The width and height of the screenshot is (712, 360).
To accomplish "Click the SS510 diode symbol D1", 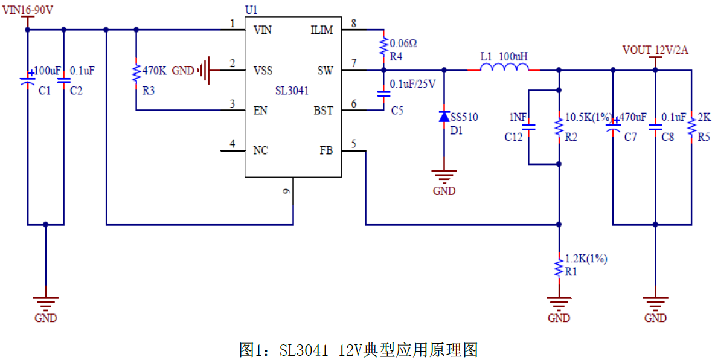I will click(x=444, y=116).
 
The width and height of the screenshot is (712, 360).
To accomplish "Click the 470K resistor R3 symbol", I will click(x=136, y=74).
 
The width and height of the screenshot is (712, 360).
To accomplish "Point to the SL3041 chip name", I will click(x=292, y=91).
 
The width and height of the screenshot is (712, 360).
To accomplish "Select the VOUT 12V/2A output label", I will click(x=655, y=50).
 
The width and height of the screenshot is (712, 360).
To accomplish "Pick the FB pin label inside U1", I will click(x=326, y=150).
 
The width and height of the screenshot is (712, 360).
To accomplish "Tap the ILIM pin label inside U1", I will click(x=322, y=30).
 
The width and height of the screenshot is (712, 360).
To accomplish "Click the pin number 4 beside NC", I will click(x=233, y=144).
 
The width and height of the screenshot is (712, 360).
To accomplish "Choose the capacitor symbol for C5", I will click(x=383, y=94).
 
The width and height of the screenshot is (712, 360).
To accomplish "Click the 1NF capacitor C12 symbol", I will click(x=528, y=127).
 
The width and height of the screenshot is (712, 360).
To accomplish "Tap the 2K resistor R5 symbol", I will click(x=691, y=127).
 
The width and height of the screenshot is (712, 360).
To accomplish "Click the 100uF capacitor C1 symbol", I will click(x=28, y=81).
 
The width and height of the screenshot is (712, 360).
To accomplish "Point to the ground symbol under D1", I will click(x=444, y=176).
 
